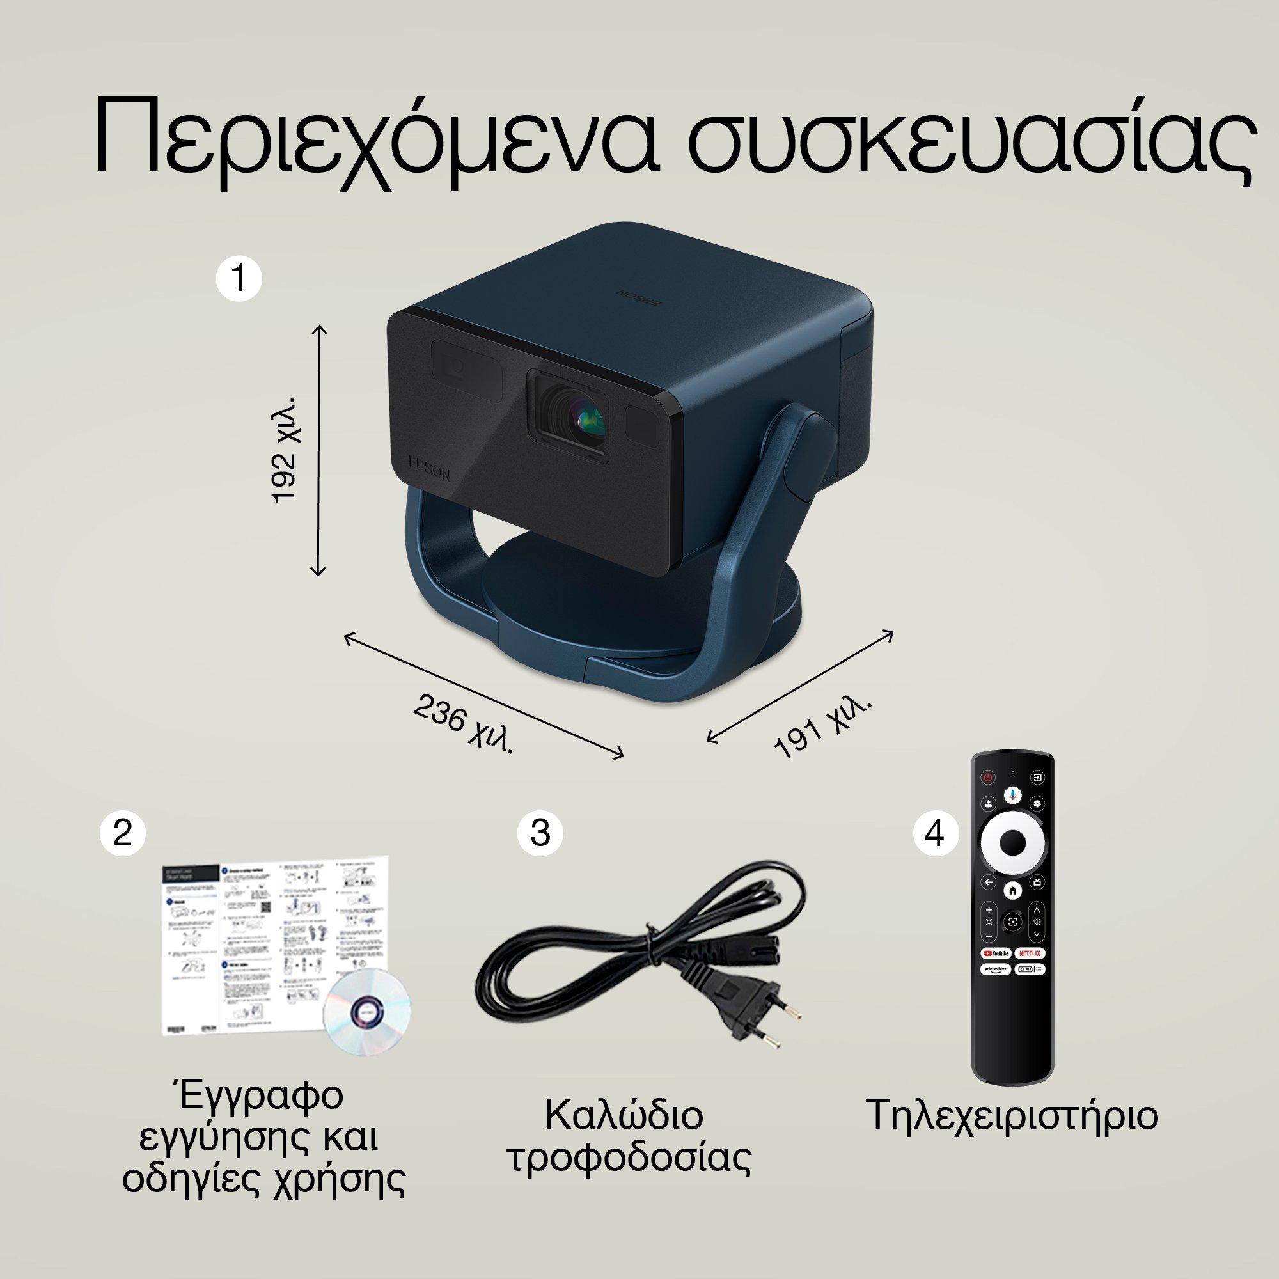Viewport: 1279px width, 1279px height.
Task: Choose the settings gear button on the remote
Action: [1037, 804]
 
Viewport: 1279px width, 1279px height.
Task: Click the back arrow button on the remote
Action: [989, 882]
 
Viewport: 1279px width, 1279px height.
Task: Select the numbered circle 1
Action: [239, 279]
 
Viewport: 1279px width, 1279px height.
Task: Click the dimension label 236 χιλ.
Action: [463, 725]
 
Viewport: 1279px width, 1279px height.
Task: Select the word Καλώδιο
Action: [623, 1116]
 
